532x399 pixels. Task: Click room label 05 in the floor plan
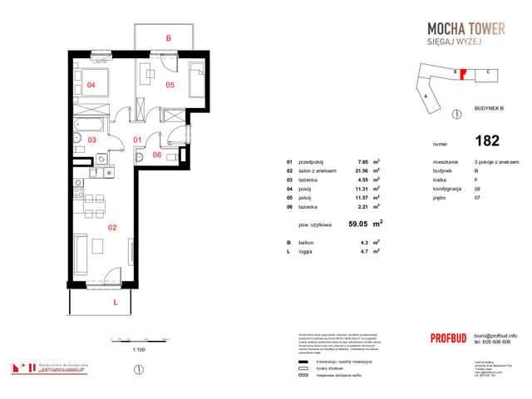pyautogui.click(x=169, y=85)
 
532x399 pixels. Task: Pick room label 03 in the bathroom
pyautogui.click(x=91, y=140)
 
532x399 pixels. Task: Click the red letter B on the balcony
pyautogui.click(x=168, y=38)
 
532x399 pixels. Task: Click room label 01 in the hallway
pyautogui.click(x=140, y=140)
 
